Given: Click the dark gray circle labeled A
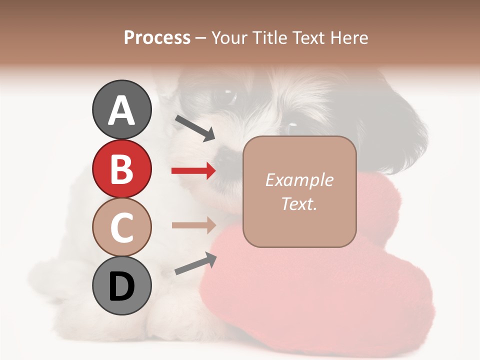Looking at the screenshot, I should tap(121, 109).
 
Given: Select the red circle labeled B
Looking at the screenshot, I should tap(121, 168).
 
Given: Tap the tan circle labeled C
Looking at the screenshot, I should tap(121, 226).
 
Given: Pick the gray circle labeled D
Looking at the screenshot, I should tap(121, 285).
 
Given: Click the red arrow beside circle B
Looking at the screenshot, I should tap(193, 171).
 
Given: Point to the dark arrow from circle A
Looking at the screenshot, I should tap(195, 128).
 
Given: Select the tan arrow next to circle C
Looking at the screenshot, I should tap(193, 225).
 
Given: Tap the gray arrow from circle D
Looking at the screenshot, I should tap(195, 264).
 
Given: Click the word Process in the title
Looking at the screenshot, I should tap(157, 38).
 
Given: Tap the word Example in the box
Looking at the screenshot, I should tap(299, 180).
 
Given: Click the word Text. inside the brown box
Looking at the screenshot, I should tap(299, 203).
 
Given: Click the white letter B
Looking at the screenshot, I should tap(121, 169).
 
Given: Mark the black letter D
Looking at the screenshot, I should tap(121, 286).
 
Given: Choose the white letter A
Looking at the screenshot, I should tap(121, 110).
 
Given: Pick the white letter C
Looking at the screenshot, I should tap(121, 227).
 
